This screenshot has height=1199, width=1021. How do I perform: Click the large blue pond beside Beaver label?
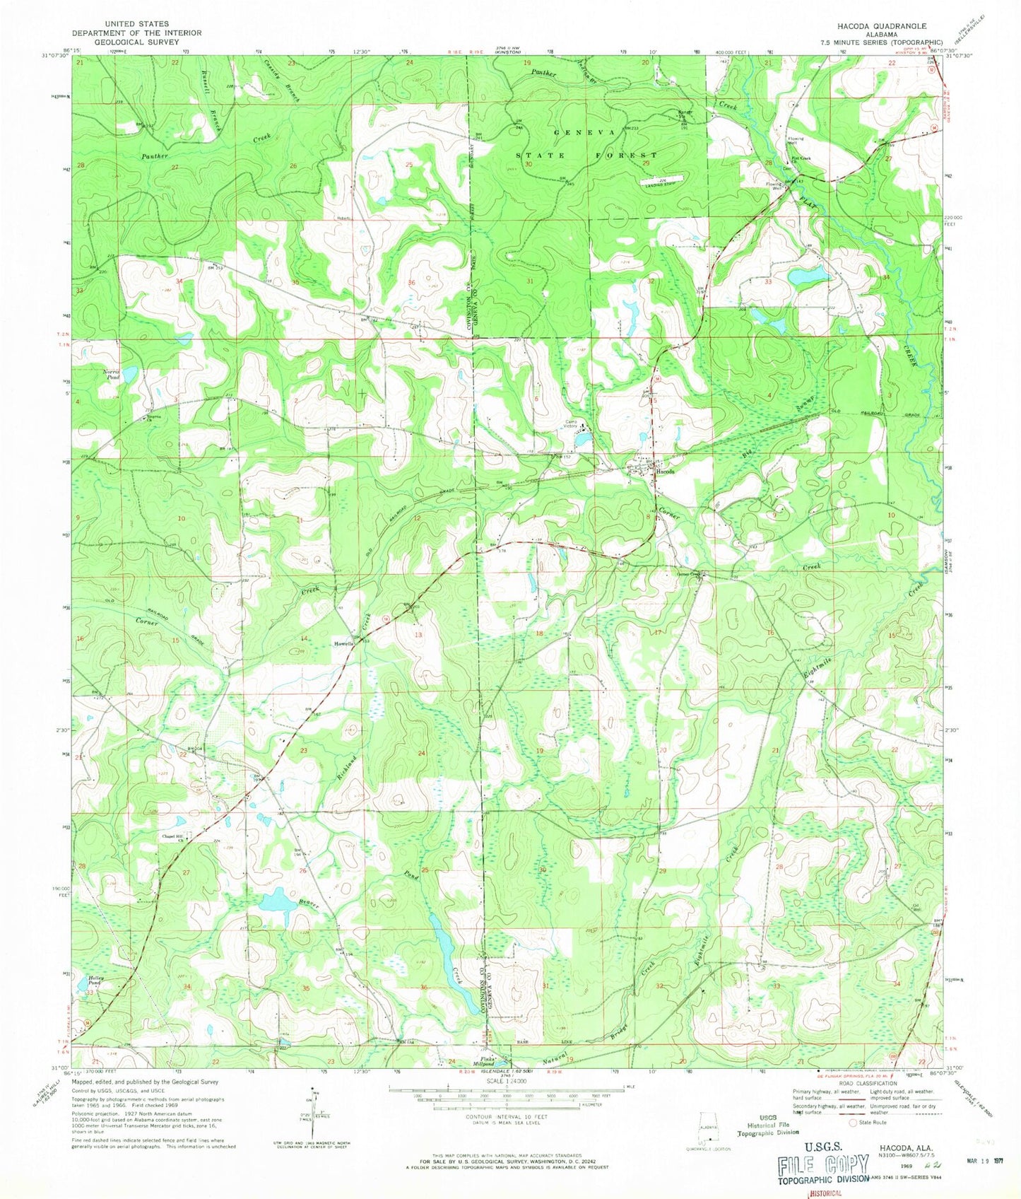coord(277,901)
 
